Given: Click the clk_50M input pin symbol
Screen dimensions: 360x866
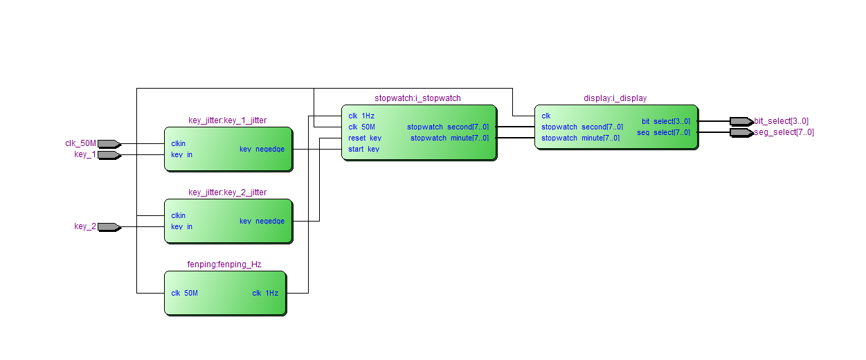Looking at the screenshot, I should [109, 144].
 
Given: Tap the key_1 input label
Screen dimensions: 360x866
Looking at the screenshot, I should [85, 154].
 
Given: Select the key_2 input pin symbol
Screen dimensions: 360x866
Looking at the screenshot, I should [109, 226].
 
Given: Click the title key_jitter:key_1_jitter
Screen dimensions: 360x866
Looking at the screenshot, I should [227, 120].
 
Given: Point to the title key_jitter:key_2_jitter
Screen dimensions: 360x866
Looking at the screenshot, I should [227, 192].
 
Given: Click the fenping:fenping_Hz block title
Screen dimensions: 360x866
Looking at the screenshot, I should [224, 264].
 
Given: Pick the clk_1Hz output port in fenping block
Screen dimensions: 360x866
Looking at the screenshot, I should [265, 293].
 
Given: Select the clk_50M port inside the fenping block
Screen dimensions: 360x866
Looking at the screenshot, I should [184, 293].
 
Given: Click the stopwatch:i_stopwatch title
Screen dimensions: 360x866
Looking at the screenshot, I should [417, 98].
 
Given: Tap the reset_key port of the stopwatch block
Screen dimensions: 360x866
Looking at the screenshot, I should [365, 138].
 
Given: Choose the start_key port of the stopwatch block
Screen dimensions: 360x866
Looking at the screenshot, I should [363, 149].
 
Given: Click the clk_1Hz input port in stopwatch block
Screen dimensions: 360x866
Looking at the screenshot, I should [361, 116].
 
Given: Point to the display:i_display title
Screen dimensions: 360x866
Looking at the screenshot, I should [615, 98].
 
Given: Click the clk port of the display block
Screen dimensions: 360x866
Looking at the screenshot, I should [546, 116].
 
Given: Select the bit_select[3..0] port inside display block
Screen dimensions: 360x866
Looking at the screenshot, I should [666, 121].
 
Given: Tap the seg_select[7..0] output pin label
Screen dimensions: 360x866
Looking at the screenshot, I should [784, 132].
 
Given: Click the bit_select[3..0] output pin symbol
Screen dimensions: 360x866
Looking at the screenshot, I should [741, 121].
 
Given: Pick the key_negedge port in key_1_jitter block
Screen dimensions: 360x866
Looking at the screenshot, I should [262, 149].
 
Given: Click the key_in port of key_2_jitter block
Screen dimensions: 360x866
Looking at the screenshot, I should [181, 226].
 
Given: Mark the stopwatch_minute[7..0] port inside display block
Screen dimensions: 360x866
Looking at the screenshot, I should [580, 138].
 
